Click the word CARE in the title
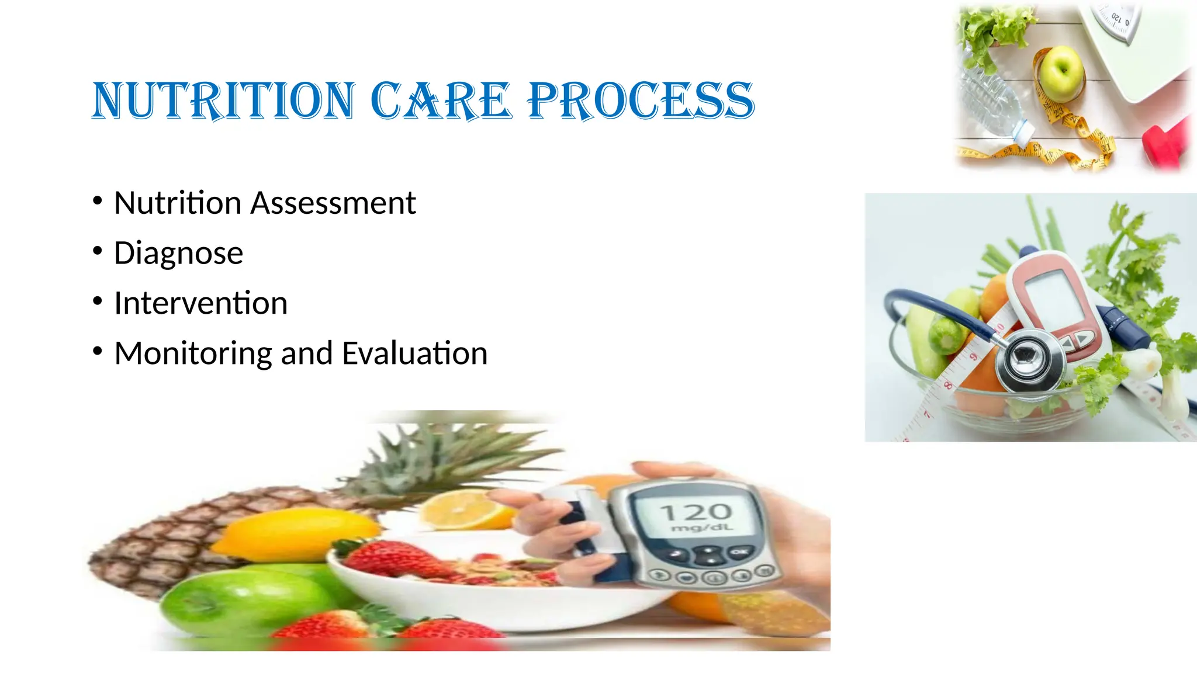[x=441, y=100]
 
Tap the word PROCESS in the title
[x=641, y=100]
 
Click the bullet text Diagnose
[x=178, y=254]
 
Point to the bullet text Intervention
[x=200, y=303]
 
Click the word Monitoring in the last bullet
[x=193, y=354]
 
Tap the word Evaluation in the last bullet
[x=414, y=354]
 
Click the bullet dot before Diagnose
[x=98, y=251]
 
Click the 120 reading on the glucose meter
[x=696, y=512]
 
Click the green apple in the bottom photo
[x=245, y=602]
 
